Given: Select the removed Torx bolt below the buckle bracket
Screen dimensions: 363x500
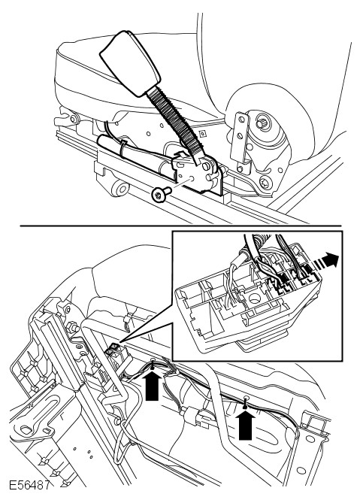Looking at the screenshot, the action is coord(161,194).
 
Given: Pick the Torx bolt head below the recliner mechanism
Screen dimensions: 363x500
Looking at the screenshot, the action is coord(265,182).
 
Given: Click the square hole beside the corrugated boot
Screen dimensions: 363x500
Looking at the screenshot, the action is coord(201,132).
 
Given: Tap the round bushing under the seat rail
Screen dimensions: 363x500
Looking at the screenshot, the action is coord(122,189).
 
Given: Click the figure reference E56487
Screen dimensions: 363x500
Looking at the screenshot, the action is coord(29,486).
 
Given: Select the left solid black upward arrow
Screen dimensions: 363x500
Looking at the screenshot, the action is coord(152,386).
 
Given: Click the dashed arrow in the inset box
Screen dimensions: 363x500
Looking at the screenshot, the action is coord(321,262).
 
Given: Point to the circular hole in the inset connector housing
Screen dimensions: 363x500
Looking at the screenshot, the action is coord(254,298).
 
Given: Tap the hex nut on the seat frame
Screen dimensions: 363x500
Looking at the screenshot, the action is coord(72,327).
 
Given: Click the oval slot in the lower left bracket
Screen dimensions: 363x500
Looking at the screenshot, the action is coord(29,429).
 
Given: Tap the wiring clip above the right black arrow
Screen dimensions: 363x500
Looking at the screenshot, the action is coord(246,402).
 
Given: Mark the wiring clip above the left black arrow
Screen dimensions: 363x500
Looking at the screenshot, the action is coord(153,365).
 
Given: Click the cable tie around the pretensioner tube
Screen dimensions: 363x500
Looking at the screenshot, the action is coord(123,149).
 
